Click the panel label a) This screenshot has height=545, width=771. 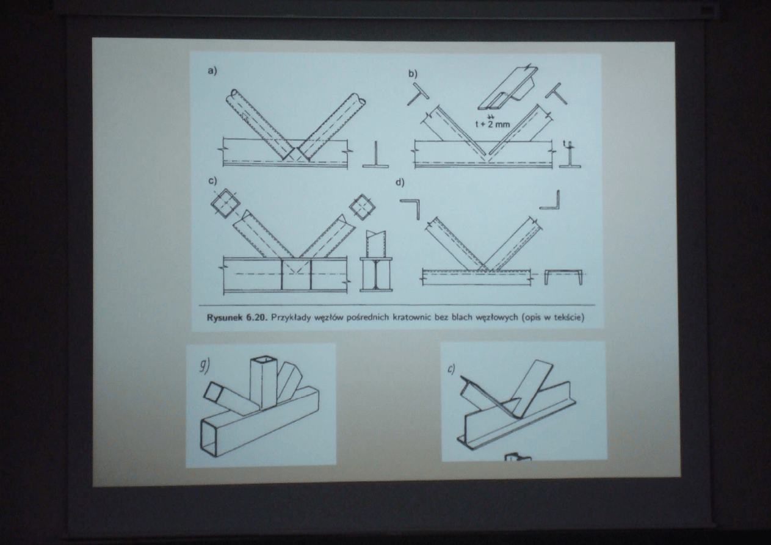point(212,71)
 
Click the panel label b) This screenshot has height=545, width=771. point(413,74)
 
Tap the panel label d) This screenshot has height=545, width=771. point(400,182)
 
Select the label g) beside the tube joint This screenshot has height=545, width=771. point(205,366)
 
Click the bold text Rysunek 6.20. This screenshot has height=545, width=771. point(236,317)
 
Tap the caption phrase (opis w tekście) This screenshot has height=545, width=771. point(552,317)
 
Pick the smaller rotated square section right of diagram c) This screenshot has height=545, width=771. point(362,207)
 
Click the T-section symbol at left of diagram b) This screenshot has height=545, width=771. point(418,93)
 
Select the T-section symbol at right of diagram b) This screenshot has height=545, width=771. point(557,93)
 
